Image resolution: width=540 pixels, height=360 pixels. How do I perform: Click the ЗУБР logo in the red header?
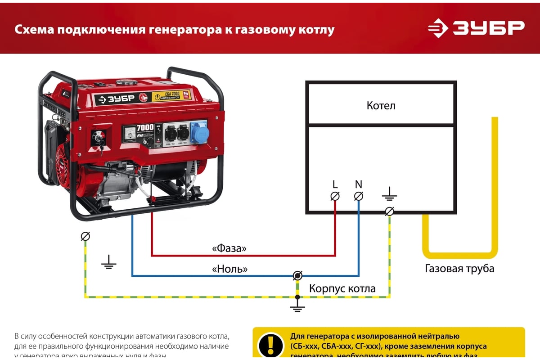pos(476,28)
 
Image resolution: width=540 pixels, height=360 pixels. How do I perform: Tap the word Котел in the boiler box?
pos(381,106)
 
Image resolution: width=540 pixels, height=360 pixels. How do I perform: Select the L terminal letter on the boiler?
pos(335,184)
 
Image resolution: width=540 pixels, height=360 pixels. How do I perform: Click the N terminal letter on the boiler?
pos(359,184)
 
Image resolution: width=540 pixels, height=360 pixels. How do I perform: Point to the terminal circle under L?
pos(335,196)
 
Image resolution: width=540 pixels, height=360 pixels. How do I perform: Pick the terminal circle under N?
pos(359,196)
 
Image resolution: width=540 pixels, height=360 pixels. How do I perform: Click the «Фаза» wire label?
pos(229,248)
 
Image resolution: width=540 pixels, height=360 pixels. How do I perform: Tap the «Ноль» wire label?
pos(229,269)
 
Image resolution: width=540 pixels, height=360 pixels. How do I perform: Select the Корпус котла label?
pos(342,288)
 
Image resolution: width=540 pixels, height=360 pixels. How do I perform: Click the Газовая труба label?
pos(459,269)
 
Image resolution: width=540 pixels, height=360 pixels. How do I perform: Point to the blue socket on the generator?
pos(199,132)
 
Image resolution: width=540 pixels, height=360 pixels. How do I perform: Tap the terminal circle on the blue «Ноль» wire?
pos(297,275)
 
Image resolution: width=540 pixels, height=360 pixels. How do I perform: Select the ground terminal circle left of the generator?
pos(85,236)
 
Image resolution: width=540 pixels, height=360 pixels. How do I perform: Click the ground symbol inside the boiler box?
pos(390,195)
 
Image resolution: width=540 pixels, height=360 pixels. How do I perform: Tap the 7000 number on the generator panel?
pos(145,127)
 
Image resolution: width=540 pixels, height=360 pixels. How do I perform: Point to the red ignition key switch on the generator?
pos(99,137)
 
